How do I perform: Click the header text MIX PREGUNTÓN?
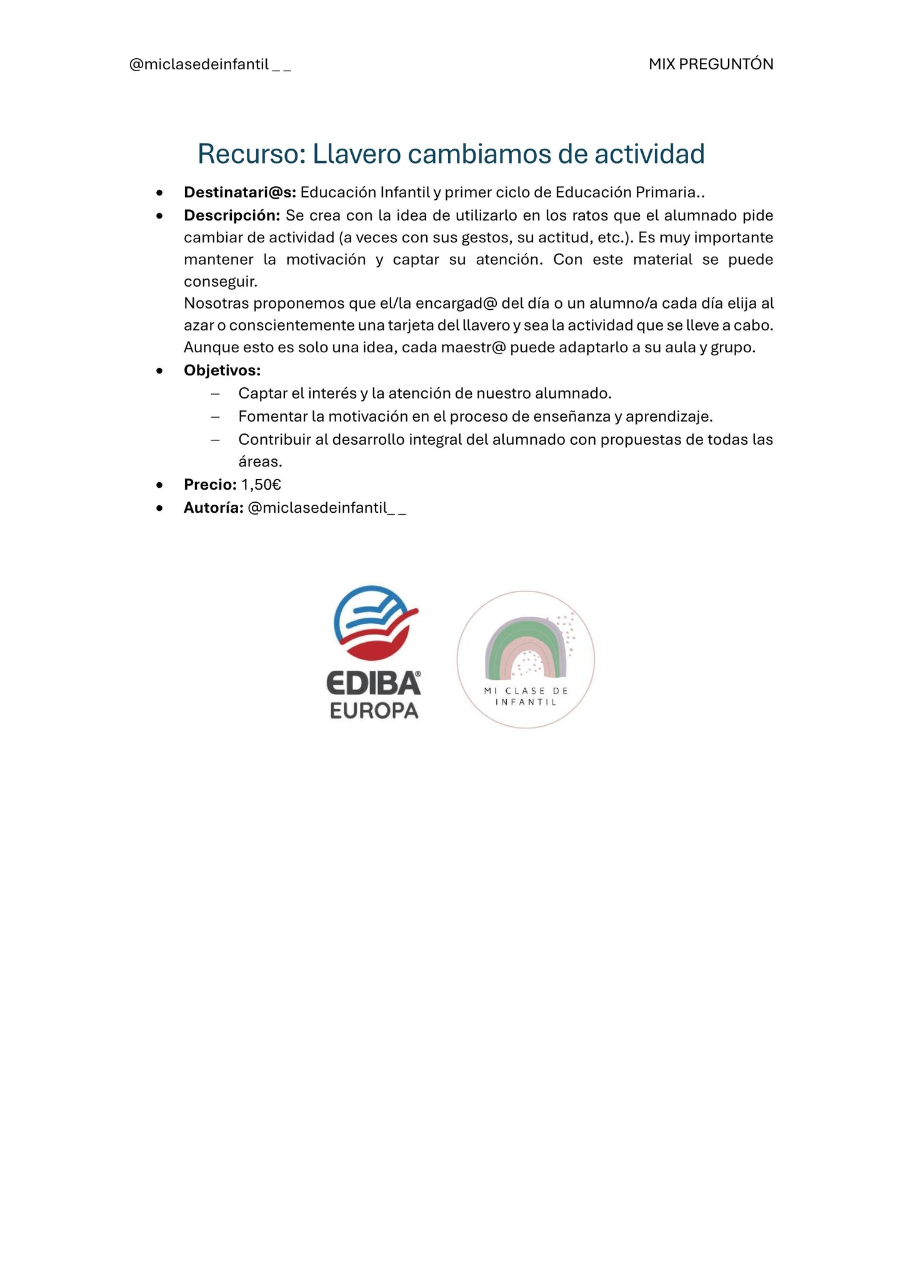coord(711,64)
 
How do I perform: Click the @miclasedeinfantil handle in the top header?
coord(209,64)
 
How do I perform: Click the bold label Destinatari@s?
coord(240,192)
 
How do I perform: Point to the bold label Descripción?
coord(232,215)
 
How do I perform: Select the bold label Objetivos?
coord(222,370)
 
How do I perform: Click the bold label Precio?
coord(210,485)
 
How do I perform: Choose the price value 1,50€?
coord(261,485)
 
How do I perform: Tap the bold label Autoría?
coord(213,508)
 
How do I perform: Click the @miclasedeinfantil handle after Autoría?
coord(326,508)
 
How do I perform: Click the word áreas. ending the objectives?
coord(260,462)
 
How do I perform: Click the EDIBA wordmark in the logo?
coord(374,683)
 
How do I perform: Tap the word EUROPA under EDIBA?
coord(374,711)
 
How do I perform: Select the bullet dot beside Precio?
coord(160,485)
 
